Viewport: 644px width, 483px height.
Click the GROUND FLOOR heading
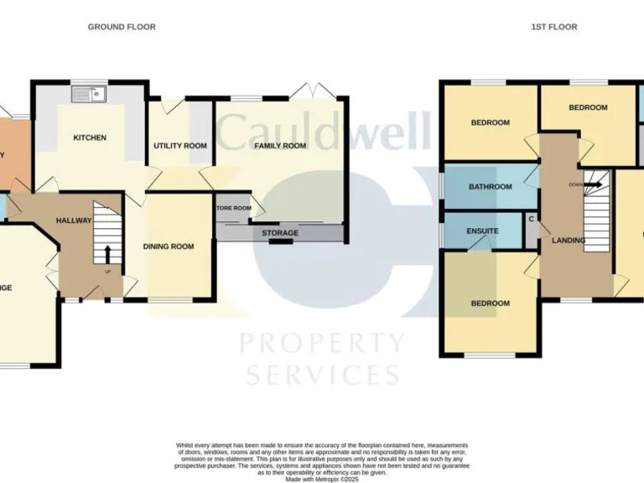(122, 27)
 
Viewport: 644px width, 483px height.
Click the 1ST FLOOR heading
(553, 27)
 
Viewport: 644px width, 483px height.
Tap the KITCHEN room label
(89, 138)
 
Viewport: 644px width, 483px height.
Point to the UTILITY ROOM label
(179, 146)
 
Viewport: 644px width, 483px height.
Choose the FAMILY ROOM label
(281, 146)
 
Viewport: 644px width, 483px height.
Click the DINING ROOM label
(168, 247)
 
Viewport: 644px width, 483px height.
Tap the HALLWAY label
(73, 220)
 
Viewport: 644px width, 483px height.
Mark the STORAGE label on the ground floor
(279, 233)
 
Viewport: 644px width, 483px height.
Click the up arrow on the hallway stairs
(107, 253)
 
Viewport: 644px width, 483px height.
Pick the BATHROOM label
(490, 187)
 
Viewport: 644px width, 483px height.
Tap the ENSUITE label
(483, 231)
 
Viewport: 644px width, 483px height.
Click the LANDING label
(568, 241)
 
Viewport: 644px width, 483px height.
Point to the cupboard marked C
(531, 220)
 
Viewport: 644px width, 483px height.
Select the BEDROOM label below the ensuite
(489, 304)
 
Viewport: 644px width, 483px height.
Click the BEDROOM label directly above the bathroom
(489, 123)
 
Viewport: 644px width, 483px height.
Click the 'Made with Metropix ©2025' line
(321, 479)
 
